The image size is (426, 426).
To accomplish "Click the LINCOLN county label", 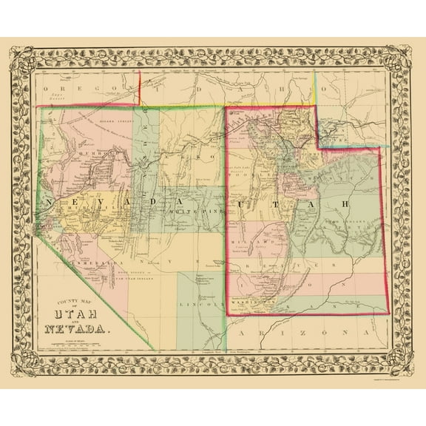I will tap(199, 303).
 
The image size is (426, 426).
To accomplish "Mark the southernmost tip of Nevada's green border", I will tap(155, 349).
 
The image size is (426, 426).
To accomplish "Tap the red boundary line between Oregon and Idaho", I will tap(141, 87).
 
